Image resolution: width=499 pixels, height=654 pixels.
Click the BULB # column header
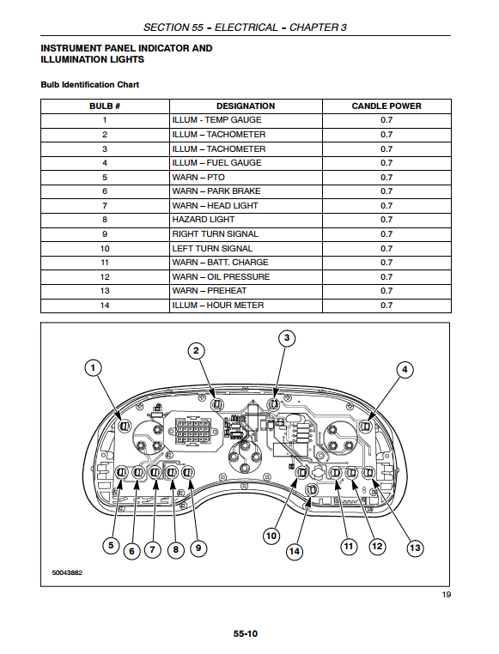(105, 106)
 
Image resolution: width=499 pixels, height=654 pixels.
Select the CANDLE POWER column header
(386, 106)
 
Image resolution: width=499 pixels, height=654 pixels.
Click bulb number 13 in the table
(105, 291)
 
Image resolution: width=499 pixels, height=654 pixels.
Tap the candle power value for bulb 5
(386, 178)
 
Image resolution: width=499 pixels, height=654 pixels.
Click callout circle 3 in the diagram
(287, 338)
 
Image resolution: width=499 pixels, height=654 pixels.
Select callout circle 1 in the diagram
(93, 368)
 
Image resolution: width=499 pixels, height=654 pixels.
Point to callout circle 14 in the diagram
(295, 551)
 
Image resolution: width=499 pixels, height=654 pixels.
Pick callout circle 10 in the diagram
(271, 536)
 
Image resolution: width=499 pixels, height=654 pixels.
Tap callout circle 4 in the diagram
(405, 370)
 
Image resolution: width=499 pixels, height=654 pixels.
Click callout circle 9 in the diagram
(198, 548)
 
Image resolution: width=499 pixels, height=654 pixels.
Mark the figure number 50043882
(67, 572)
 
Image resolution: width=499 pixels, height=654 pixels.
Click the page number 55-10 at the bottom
(246, 633)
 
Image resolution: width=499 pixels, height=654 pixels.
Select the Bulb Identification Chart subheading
(89, 85)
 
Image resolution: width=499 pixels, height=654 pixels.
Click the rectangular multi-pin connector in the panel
(192, 432)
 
